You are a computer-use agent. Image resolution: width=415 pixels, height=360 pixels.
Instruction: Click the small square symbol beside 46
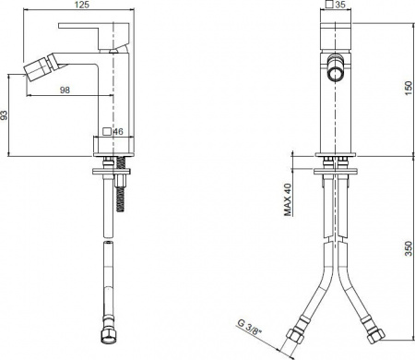(x=106, y=133)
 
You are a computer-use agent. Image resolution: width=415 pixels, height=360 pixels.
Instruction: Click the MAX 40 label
(x=288, y=199)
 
